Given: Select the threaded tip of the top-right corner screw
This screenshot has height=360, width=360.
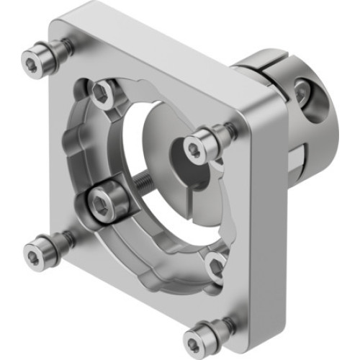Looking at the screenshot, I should click(x=229, y=132).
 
